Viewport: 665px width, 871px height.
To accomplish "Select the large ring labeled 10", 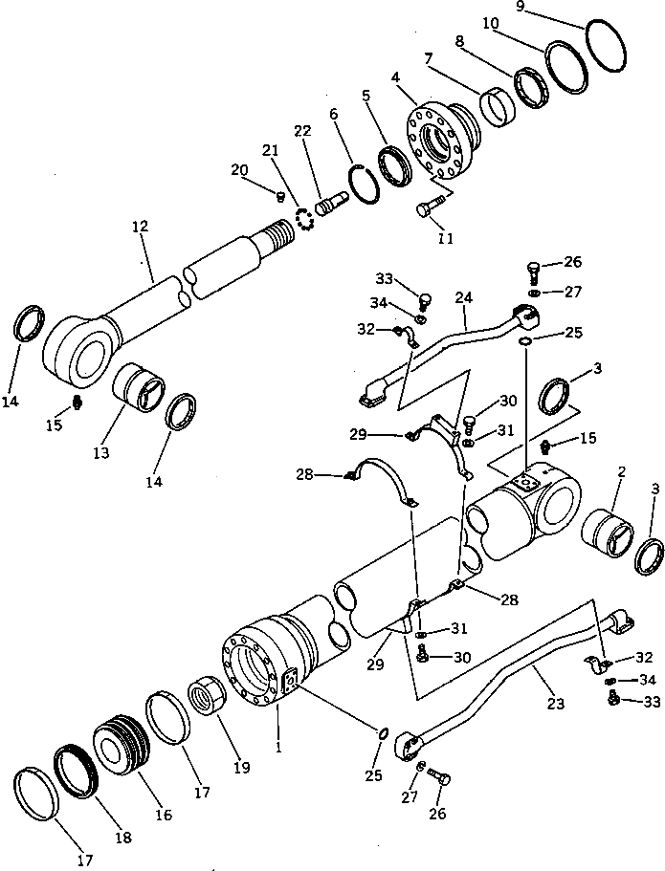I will pos(568,69).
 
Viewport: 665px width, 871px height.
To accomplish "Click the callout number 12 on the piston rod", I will pos(140,227).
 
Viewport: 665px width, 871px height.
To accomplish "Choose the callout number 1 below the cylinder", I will pos(278,749).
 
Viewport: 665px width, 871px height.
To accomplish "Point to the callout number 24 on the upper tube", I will pos(464,297).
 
